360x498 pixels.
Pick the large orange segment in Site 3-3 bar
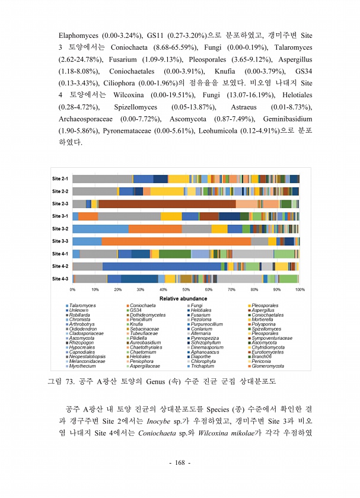pyautogui.click(x=176, y=241)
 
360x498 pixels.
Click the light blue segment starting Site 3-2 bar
pyautogui.click(x=100, y=229)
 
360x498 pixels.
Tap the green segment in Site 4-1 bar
pyautogui.click(x=175, y=254)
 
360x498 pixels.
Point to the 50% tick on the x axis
pyautogui.click(x=186, y=289)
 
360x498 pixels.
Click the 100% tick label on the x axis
pyautogui.click(x=300, y=289)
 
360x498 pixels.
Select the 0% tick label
pyautogui.click(x=72, y=289)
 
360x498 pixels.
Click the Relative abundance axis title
pyautogui.click(x=185, y=298)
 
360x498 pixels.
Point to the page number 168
pyautogui.click(x=180, y=479)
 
